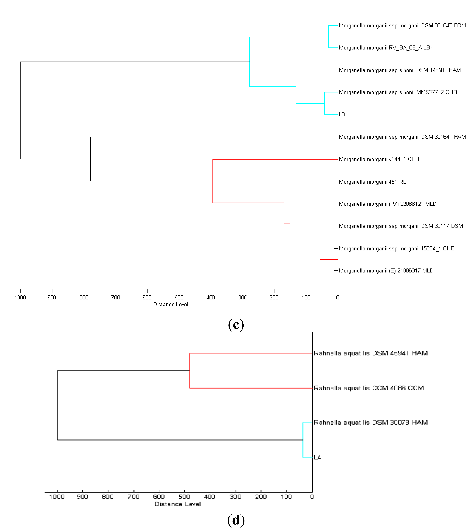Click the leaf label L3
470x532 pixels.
342,114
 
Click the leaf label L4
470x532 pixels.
317,457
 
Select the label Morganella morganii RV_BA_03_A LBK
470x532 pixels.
386,48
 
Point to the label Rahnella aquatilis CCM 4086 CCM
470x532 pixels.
369,388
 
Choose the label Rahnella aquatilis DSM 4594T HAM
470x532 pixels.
371,353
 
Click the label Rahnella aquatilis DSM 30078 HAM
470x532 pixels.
371,422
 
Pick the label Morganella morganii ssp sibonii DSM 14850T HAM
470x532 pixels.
400,70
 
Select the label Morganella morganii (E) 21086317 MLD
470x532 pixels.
386,271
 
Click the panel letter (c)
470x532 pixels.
236,325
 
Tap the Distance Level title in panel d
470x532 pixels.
178,504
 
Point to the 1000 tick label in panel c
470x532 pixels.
20,298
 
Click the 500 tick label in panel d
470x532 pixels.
184,497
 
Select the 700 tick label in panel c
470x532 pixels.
116,298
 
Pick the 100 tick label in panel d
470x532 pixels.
286,497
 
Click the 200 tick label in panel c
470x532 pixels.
274,298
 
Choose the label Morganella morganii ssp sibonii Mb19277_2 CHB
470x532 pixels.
398,92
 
